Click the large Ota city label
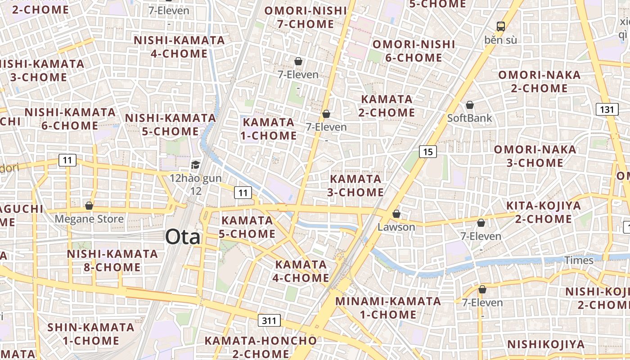[x=183, y=237]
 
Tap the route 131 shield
[x=607, y=109]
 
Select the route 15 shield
[x=427, y=152]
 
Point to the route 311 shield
[x=269, y=320]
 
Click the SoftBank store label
[x=469, y=118]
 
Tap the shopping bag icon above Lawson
[x=396, y=214]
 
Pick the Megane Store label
[x=89, y=219]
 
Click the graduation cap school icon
[x=195, y=165]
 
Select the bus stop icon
[x=500, y=26]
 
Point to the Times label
[x=579, y=260]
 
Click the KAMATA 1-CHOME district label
[x=269, y=129]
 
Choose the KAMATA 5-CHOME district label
[x=247, y=227]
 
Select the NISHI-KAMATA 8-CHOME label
[x=112, y=261]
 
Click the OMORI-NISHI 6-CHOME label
[x=414, y=51]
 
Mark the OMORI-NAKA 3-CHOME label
[x=535, y=156]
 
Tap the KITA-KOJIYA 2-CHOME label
[x=543, y=212]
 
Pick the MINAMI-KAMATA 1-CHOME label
[x=388, y=307]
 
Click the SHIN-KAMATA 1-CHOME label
[x=90, y=333]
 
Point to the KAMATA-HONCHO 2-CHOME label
[x=261, y=346]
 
